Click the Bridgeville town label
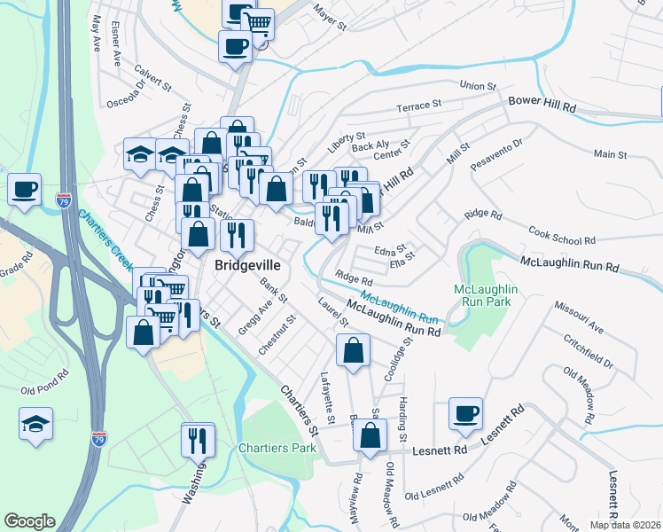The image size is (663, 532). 246,265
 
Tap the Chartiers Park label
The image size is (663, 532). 277,448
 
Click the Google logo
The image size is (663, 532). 29,521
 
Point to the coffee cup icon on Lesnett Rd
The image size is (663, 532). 465,413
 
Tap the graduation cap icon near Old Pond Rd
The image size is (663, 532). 35,424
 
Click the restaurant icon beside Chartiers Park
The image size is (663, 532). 198,440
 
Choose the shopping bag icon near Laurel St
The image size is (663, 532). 353,349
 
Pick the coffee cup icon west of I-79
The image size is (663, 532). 25,188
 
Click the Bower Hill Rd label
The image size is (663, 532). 542,104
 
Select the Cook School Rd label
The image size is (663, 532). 561,236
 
